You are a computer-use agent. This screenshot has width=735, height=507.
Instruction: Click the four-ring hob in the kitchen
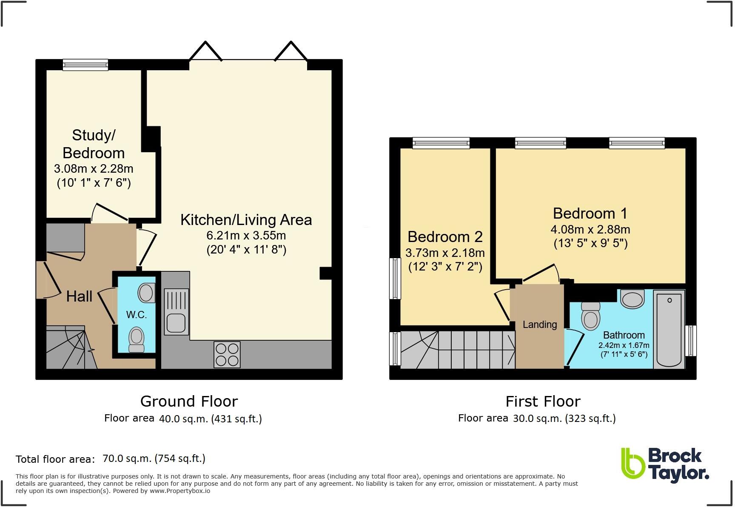227,355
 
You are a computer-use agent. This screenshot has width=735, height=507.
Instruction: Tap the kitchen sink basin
176,323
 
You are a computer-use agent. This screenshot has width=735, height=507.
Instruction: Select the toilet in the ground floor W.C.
137,339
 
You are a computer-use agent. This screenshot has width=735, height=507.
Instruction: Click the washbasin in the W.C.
146,293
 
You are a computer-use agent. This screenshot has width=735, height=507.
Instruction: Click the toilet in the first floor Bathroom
590,316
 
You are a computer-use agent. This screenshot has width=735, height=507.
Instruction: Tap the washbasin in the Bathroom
632,299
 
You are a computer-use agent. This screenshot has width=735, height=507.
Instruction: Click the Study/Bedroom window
85,65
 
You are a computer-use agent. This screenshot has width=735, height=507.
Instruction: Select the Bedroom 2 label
445,236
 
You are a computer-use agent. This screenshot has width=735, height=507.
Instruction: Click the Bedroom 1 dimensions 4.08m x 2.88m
590,230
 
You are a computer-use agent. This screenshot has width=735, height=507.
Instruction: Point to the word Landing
539,325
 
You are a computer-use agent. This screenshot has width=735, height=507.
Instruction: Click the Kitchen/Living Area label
246,220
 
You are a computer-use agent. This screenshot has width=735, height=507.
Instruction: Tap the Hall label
79,296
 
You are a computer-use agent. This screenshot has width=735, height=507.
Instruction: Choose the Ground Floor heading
189,401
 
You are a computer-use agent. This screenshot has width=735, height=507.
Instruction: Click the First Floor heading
543,401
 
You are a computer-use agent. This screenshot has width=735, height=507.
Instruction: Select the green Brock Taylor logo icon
632,463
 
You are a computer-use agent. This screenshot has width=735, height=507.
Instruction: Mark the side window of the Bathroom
692,340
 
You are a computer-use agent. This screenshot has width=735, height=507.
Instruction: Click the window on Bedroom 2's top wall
441,143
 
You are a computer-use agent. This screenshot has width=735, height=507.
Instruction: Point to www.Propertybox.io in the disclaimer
179,491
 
